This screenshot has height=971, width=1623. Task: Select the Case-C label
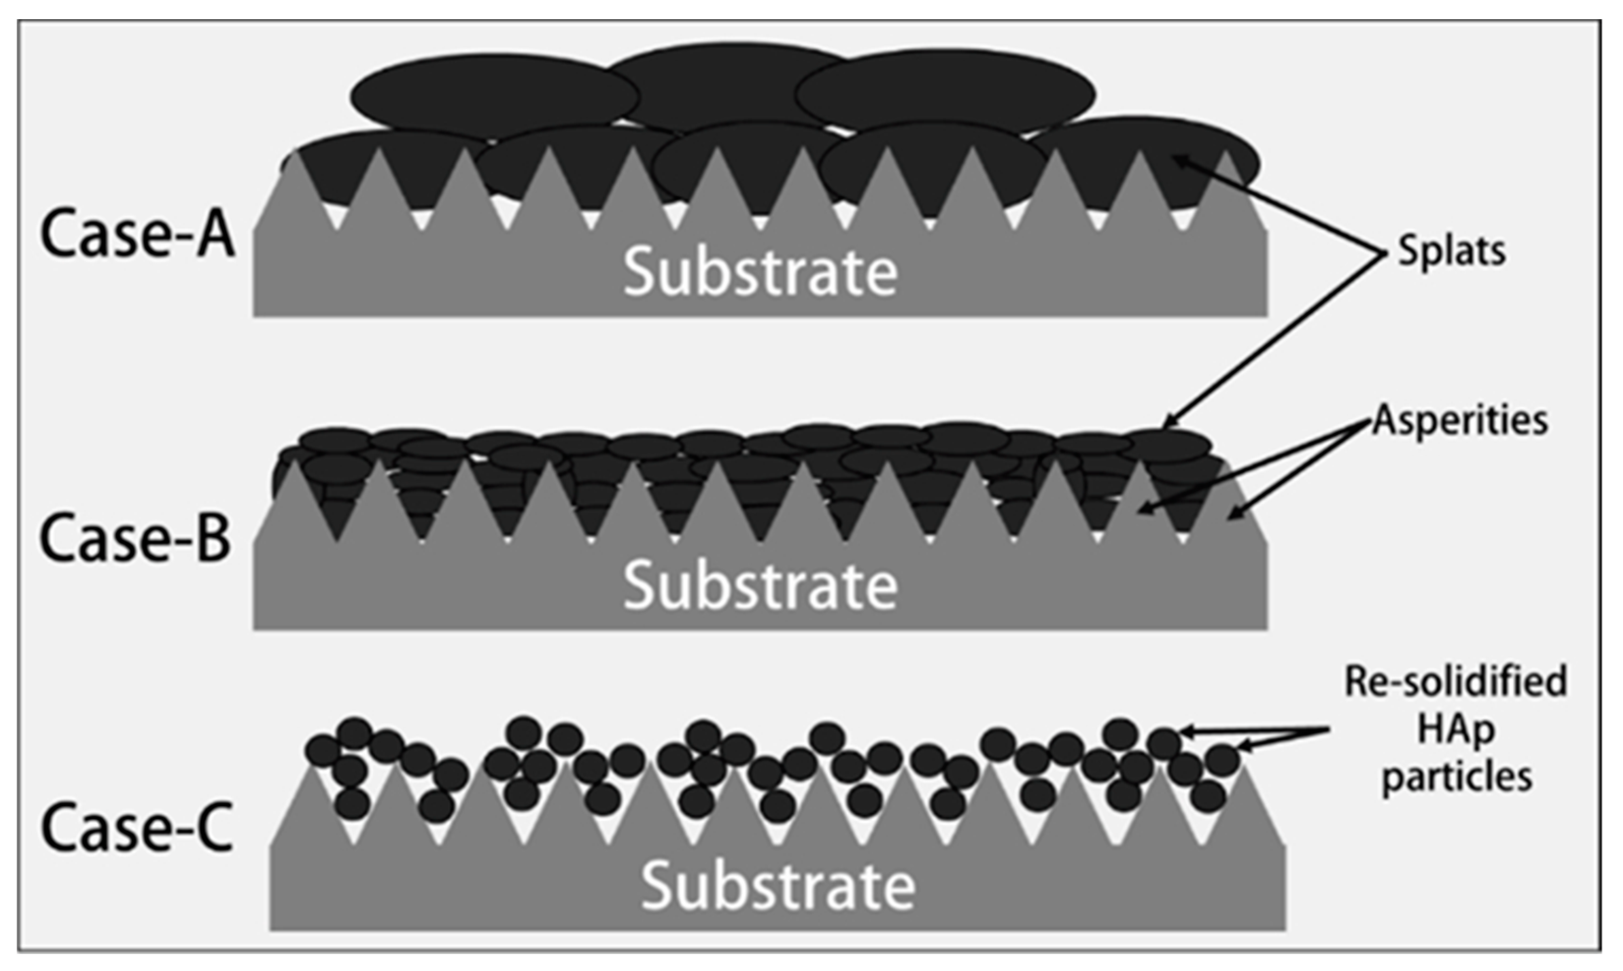tap(137, 828)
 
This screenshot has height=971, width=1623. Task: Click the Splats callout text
tap(1451, 251)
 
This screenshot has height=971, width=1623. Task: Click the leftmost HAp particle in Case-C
tap(323, 750)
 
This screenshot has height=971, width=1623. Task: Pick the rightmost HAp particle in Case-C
tap(1223, 759)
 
